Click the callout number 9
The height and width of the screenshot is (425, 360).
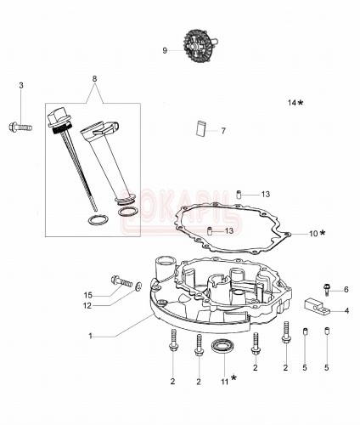coord(165,50)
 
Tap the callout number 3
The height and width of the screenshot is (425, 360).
coord(21,85)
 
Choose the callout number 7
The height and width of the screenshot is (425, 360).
coord(222,131)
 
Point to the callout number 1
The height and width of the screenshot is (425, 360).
coord(90,336)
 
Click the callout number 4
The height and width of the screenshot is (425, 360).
coord(346,310)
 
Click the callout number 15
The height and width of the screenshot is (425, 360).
coord(87,295)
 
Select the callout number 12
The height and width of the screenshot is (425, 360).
coord(87,306)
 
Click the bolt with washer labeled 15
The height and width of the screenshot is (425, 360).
coord(119,283)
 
